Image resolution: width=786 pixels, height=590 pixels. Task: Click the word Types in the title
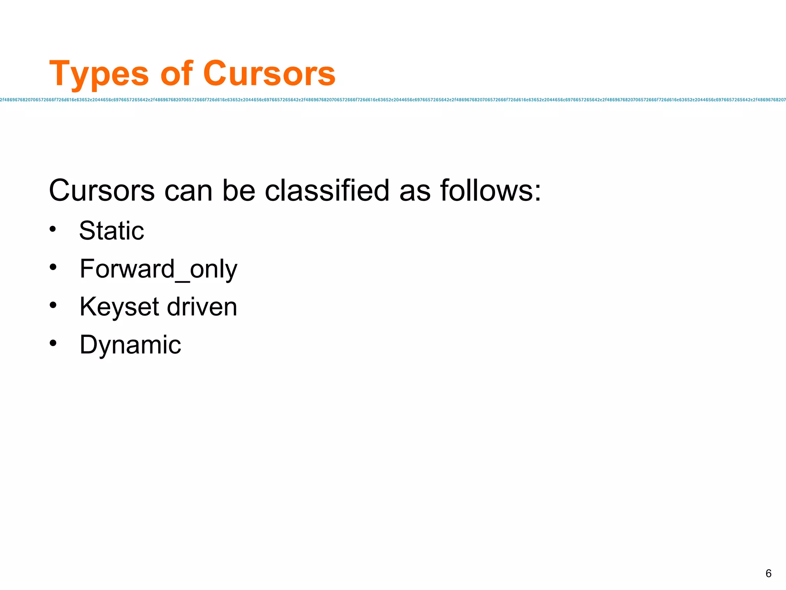click(x=99, y=74)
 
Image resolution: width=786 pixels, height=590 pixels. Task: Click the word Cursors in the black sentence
click(x=102, y=191)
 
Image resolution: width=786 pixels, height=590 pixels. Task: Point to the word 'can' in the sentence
click(x=188, y=191)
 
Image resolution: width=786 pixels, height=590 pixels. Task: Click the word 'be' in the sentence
click(x=238, y=191)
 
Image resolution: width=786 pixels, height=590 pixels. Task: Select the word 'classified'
click(x=327, y=191)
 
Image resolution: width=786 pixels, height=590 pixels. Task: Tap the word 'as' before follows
click(x=414, y=191)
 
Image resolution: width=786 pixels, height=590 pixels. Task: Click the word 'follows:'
click(x=490, y=191)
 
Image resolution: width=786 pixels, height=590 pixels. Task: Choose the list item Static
click(x=111, y=230)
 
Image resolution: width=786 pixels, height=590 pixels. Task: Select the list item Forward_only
click(x=158, y=269)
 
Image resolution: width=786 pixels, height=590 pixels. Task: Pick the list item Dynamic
click(x=130, y=345)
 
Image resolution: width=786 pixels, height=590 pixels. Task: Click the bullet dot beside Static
click(x=53, y=230)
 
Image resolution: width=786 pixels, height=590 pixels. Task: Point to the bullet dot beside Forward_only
click(x=53, y=267)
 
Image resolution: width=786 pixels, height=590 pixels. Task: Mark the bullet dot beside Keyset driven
click(x=53, y=305)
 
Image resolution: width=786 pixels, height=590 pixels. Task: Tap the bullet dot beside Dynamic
click(x=53, y=343)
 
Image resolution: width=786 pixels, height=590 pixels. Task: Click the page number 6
click(x=768, y=573)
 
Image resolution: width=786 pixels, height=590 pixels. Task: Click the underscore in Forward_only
click(x=182, y=281)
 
